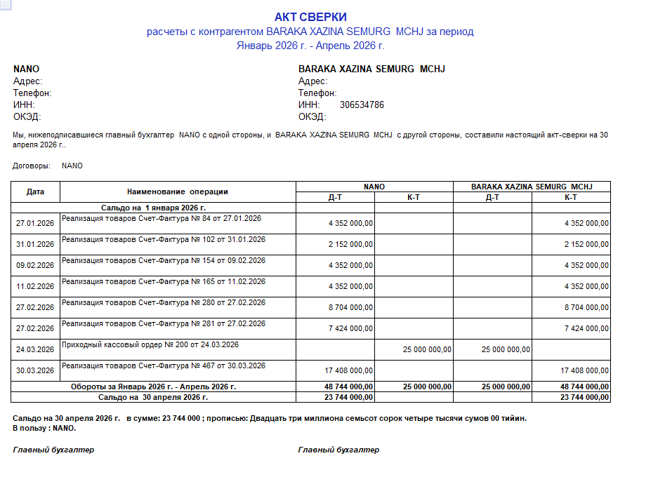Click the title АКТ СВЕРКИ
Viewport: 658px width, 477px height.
pyautogui.click(x=310, y=17)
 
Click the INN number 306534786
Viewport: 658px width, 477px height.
pyautogui.click(x=362, y=105)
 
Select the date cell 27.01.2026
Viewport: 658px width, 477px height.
pyautogui.click(x=35, y=223)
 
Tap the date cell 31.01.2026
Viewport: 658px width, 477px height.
pyautogui.click(x=35, y=244)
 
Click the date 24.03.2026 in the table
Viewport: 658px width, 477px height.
pyautogui.click(x=35, y=349)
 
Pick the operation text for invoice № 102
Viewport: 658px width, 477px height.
pyautogui.click(x=164, y=239)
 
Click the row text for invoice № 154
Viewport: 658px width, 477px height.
pyautogui.click(x=164, y=260)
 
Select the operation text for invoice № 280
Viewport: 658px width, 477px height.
pyautogui.click(x=164, y=302)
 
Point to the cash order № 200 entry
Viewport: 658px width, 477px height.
pyautogui.click(x=150, y=344)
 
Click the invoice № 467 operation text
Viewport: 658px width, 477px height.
pyautogui.click(x=164, y=365)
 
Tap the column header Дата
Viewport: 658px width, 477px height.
pyautogui.click(x=35, y=192)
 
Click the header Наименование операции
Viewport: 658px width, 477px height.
pyautogui.click(x=178, y=192)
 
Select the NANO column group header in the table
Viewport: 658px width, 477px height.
pyautogui.click(x=374, y=187)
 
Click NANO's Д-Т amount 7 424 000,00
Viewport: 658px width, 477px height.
pyautogui.click(x=350, y=328)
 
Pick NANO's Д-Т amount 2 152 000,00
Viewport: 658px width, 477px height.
pyautogui.click(x=350, y=244)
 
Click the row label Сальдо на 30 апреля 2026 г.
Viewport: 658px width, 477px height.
pyautogui.click(x=153, y=397)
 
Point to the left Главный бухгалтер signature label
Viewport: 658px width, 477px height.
pyautogui.click(x=53, y=450)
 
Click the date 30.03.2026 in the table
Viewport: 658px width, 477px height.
pyautogui.click(x=35, y=370)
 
